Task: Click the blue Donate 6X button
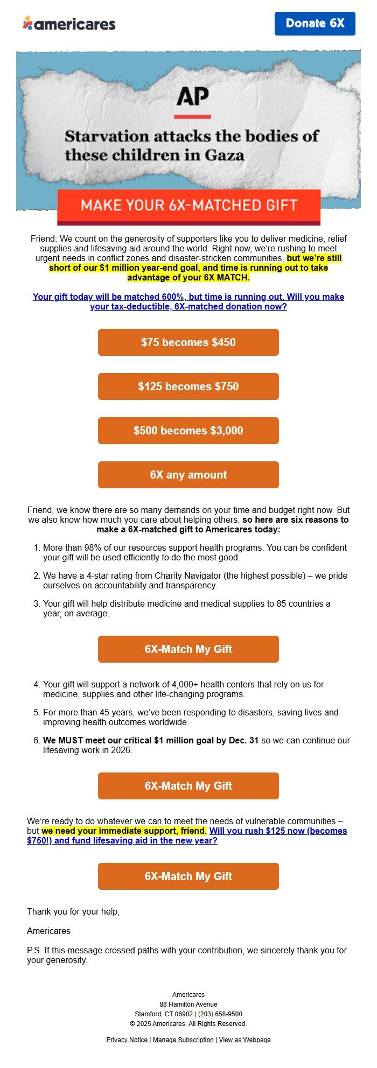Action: click(x=315, y=24)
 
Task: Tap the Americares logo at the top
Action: click(x=69, y=24)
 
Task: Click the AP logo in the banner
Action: click(x=192, y=97)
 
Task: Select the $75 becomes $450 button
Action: click(x=188, y=342)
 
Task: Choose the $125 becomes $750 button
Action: click(x=188, y=387)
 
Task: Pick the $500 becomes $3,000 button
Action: click(x=188, y=431)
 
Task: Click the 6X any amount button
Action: click(x=188, y=475)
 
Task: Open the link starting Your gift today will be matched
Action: click(x=188, y=301)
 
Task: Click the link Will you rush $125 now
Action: click(x=277, y=831)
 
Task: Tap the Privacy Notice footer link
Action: click(x=127, y=1039)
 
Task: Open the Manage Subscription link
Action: click(x=183, y=1039)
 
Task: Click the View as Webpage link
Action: click(x=245, y=1039)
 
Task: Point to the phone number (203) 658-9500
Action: click(x=220, y=1014)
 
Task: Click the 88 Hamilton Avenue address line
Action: click(x=188, y=1004)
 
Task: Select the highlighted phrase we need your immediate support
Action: click(x=124, y=831)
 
